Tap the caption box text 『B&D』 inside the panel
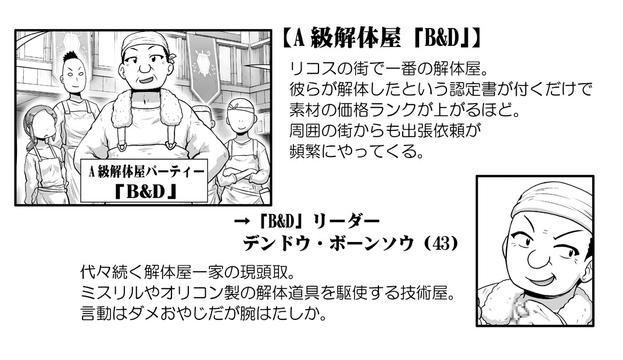(145, 192)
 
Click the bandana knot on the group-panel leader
(171, 57)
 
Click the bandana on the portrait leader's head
(554, 204)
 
